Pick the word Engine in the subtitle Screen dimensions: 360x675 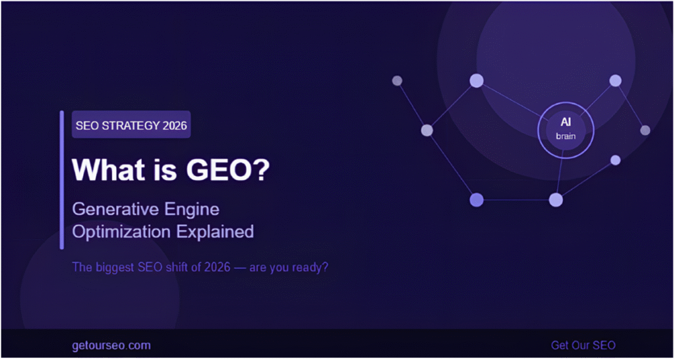pyautogui.click(x=194, y=210)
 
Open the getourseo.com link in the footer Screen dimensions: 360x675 pyautogui.click(x=111, y=345)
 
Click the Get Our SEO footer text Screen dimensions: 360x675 pyautogui.click(x=583, y=345)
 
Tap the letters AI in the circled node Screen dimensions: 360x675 pyautogui.click(x=566, y=123)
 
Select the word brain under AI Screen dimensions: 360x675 pyautogui.click(x=566, y=136)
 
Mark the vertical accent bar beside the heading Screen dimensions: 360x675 pyautogui.click(x=62, y=180)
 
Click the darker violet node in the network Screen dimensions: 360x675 pyautogui.click(x=476, y=200)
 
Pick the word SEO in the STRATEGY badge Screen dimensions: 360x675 pyautogui.click(x=87, y=125)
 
